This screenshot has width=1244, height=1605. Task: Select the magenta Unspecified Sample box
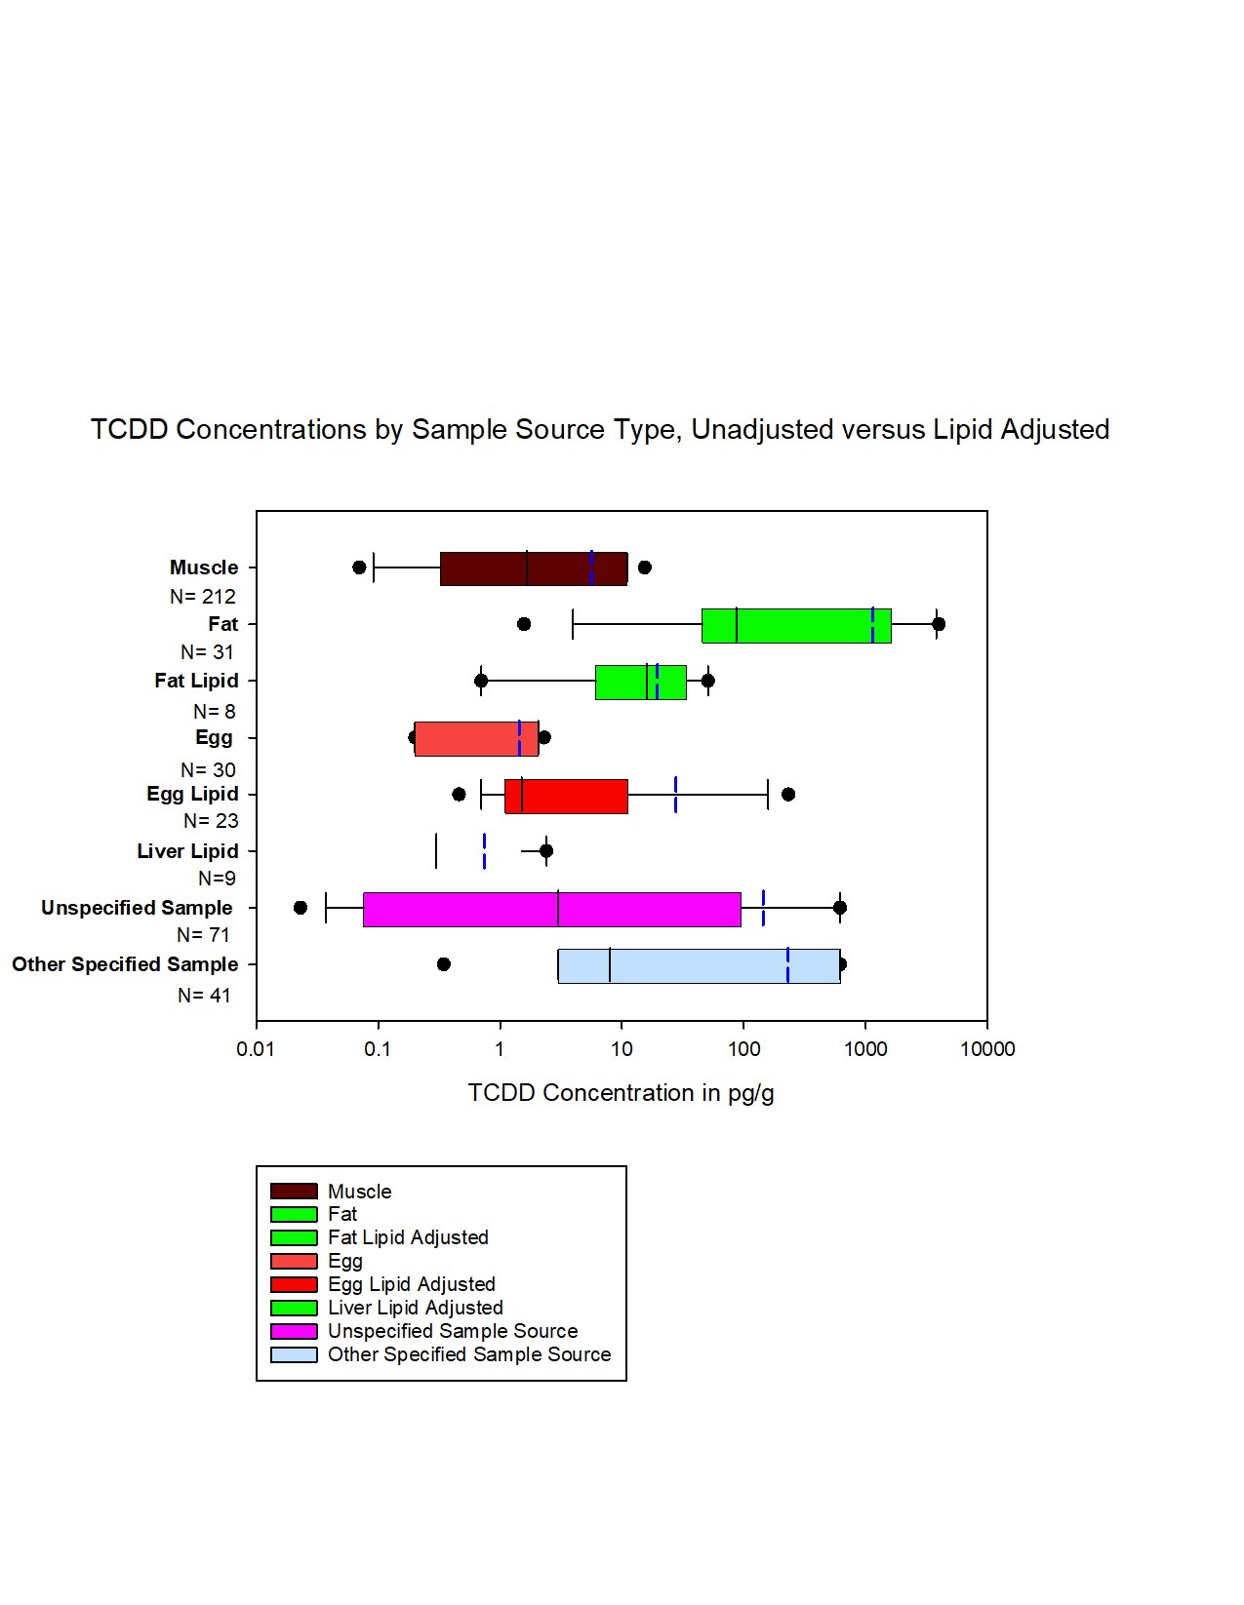(551, 909)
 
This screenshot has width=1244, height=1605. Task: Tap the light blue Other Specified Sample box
(699, 965)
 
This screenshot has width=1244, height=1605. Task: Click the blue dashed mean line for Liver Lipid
(484, 851)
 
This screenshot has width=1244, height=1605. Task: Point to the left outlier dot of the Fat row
(524, 624)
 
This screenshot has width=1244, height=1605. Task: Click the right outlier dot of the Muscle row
(644, 568)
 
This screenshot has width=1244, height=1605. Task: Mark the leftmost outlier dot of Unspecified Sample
(301, 908)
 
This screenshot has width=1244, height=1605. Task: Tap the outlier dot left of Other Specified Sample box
(444, 964)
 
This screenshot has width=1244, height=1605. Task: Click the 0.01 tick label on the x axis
(256, 1049)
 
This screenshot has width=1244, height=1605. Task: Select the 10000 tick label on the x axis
(987, 1049)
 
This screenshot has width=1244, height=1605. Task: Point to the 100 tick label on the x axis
(743, 1049)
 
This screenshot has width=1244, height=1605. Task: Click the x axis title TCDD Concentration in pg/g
(621, 1093)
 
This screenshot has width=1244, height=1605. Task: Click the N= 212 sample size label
(203, 597)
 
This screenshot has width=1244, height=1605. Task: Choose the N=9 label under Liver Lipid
(217, 879)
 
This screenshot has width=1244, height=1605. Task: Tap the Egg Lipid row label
(192, 794)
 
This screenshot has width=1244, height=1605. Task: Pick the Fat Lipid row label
(196, 681)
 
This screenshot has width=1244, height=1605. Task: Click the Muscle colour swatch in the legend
(294, 1192)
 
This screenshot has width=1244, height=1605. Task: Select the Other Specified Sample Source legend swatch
(294, 1355)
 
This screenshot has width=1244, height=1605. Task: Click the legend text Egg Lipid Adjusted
(412, 1284)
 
